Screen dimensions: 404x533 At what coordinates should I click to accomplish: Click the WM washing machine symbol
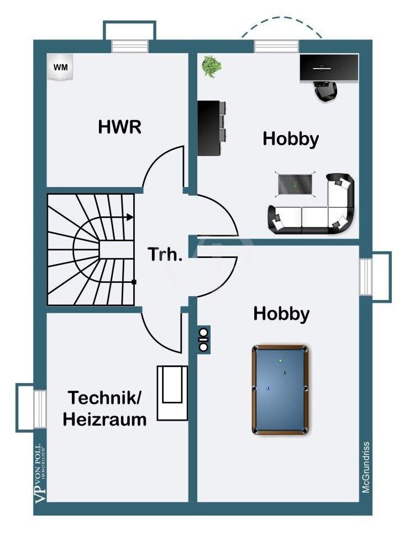click(x=60, y=66)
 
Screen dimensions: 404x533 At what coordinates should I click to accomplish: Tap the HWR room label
click(x=119, y=127)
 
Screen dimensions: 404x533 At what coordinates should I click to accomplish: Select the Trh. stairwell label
click(x=165, y=254)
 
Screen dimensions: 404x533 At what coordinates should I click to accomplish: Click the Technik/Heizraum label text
click(x=104, y=408)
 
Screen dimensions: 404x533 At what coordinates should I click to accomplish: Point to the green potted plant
click(x=212, y=66)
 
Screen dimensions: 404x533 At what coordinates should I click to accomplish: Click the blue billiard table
click(x=280, y=390)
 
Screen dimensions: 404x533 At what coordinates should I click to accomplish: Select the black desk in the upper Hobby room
click(x=329, y=68)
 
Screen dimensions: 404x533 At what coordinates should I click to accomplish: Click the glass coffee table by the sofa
click(x=295, y=184)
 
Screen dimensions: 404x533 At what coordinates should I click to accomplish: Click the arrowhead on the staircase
click(x=130, y=217)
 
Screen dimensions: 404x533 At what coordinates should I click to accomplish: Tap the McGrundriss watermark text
click(x=366, y=467)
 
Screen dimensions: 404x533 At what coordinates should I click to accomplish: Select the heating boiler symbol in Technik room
click(x=172, y=393)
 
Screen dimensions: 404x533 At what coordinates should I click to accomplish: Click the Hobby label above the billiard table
click(x=281, y=314)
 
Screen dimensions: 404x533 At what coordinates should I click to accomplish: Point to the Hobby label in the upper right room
click(x=291, y=139)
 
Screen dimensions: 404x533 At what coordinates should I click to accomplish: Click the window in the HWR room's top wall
click(x=130, y=46)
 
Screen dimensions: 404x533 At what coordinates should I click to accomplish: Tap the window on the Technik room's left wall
click(x=40, y=408)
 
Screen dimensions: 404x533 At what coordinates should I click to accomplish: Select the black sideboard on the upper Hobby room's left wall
click(x=212, y=128)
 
